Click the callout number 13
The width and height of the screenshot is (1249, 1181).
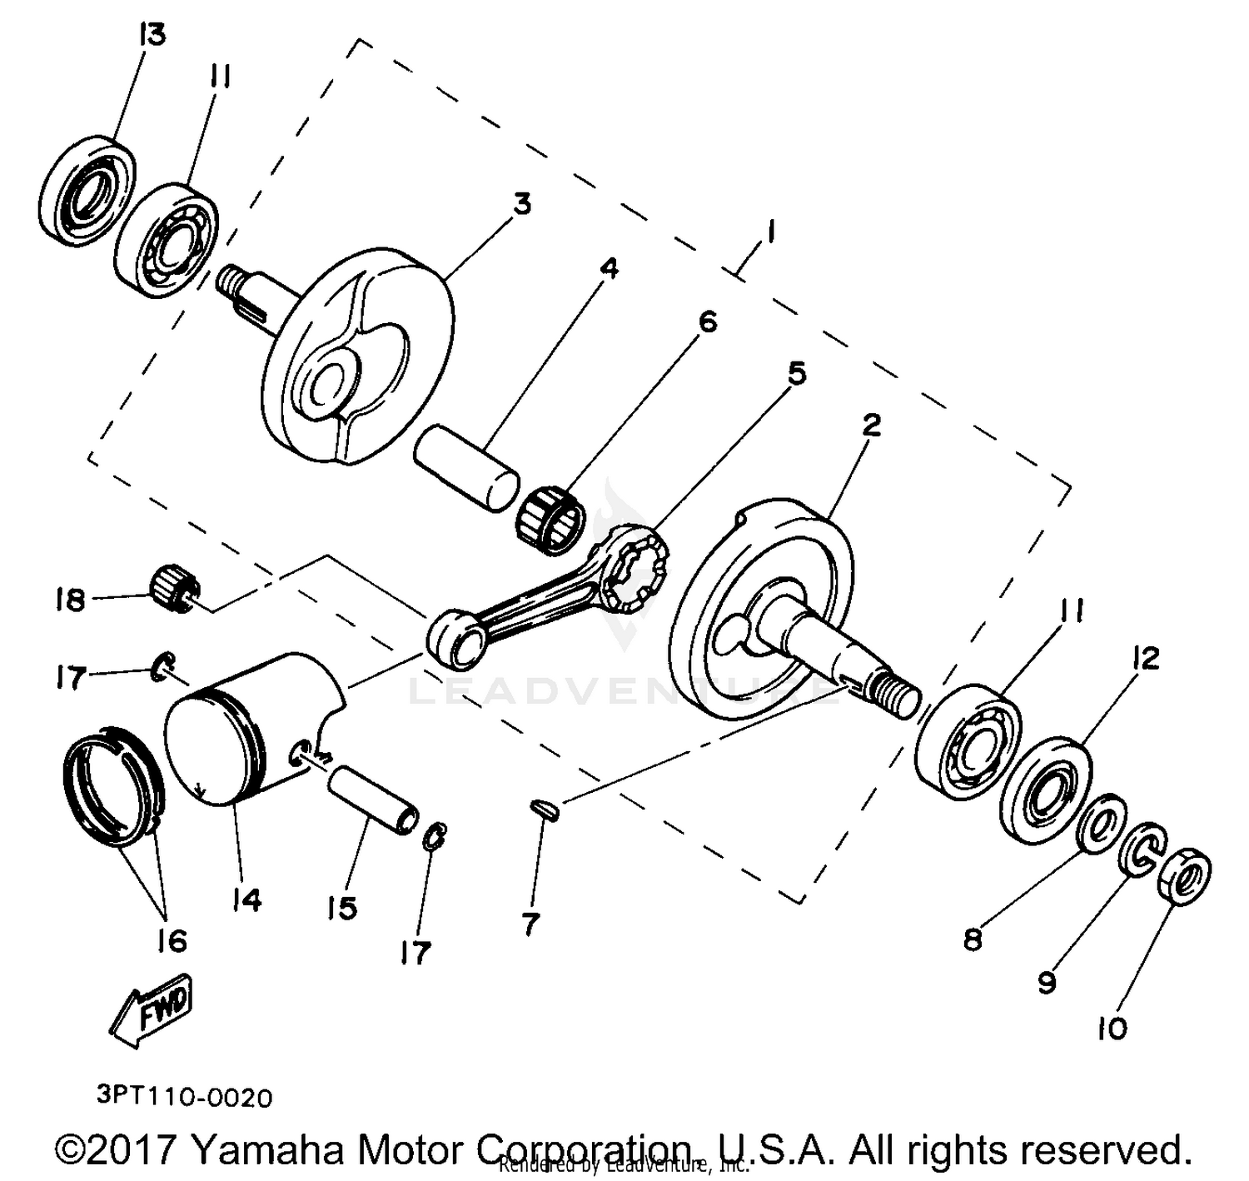pos(152,35)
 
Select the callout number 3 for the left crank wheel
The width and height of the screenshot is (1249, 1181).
pos(521,204)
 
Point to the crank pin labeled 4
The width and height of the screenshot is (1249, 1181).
pos(466,467)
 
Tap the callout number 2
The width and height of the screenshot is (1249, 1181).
pos(871,426)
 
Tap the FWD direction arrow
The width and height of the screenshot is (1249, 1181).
pos(154,1011)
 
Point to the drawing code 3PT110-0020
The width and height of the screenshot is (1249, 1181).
pos(184,1097)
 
